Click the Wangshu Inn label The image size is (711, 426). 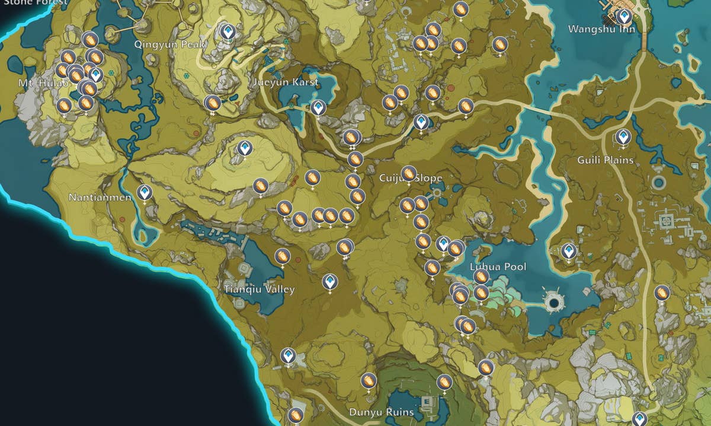(x=601, y=29)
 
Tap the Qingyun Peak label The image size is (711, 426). (x=169, y=44)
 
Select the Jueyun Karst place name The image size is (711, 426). (x=285, y=82)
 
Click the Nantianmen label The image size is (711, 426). (x=100, y=198)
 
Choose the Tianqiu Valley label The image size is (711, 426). (x=259, y=290)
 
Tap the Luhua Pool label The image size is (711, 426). (x=498, y=267)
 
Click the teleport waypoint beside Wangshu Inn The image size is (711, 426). (x=623, y=16)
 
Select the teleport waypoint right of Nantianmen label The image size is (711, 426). (x=143, y=192)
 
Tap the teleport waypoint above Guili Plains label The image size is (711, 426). (x=623, y=136)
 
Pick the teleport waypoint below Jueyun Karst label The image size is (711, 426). (x=318, y=107)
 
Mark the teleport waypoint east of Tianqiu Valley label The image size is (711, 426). (x=330, y=281)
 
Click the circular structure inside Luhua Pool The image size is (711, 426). (x=555, y=303)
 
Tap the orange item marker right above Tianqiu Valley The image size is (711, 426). (x=282, y=256)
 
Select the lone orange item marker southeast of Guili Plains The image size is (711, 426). (x=662, y=293)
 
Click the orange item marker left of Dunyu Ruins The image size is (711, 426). (x=369, y=380)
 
